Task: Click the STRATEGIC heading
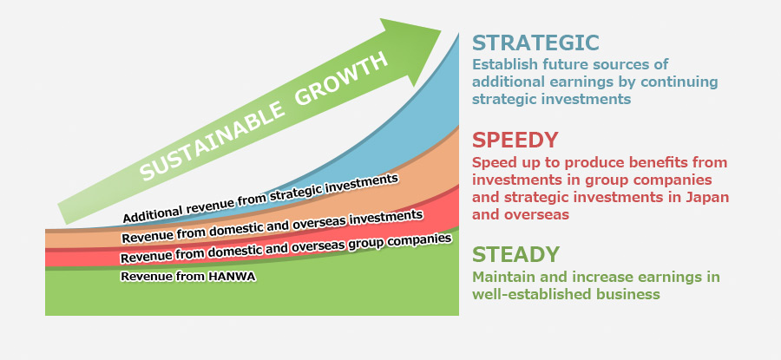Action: click(535, 43)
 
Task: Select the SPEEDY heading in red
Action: click(515, 141)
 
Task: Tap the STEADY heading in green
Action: click(516, 254)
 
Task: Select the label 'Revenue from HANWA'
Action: click(188, 277)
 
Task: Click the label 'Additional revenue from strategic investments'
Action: click(260, 199)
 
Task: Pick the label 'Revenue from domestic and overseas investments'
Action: click(272, 227)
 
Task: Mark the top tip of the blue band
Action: click(458, 33)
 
